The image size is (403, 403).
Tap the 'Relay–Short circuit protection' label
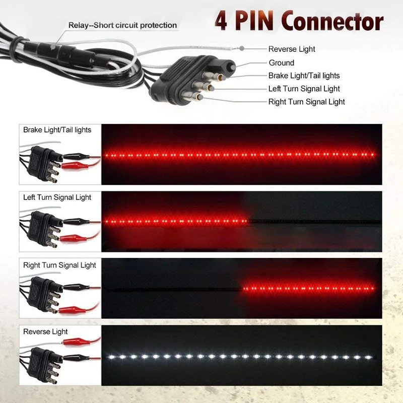[x=123, y=25]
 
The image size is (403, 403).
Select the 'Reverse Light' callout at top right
[x=292, y=49]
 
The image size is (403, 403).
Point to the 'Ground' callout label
[x=281, y=62]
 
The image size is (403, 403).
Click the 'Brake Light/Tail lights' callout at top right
[x=304, y=76]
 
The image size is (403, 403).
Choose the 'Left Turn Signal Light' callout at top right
[x=304, y=89]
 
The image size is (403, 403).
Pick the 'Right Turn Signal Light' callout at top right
[x=306, y=102]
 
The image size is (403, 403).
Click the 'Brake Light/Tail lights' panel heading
[x=57, y=130]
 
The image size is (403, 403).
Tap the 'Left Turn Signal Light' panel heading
[x=57, y=197]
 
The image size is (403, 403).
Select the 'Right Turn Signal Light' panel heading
[x=59, y=265]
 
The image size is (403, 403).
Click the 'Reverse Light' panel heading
[x=45, y=332]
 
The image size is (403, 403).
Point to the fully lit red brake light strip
[x=239, y=155]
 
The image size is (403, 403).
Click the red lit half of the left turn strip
[x=176, y=221]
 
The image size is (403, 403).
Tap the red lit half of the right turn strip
[x=308, y=289]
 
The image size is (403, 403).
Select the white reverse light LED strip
[x=239, y=357]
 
